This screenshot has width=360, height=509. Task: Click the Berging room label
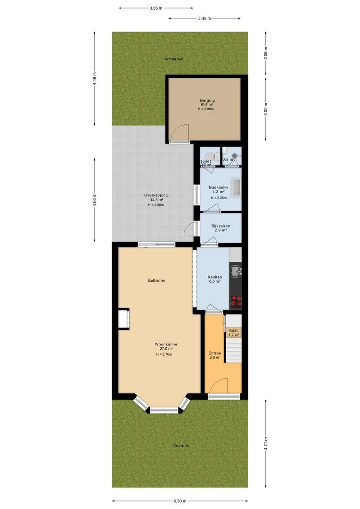pos(207,101)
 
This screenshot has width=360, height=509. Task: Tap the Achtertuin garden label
pos(174,59)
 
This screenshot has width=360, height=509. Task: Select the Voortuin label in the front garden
pos(181,446)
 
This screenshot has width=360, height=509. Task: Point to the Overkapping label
pos(156,196)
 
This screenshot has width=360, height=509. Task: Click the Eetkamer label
pos(156,280)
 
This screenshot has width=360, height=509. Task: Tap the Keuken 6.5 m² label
pos(214,279)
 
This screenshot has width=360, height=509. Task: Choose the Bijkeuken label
pos(221,226)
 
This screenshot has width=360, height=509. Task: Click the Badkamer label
pos(219,187)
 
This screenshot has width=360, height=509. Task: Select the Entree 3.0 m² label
pos(214,355)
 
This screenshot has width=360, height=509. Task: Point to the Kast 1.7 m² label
pos(233,332)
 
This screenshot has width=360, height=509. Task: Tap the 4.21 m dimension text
pos(266,443)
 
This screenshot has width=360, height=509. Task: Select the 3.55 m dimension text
pos(156,8)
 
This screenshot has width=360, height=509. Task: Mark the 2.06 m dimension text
pos(266,56)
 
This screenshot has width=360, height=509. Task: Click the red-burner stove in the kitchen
pos(236,302)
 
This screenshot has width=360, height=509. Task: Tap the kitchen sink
pos(236,271)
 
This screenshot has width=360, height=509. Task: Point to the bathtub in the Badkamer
pos(236,187)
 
